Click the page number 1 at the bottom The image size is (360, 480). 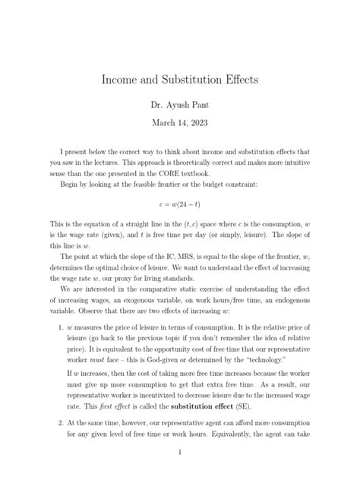180,453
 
